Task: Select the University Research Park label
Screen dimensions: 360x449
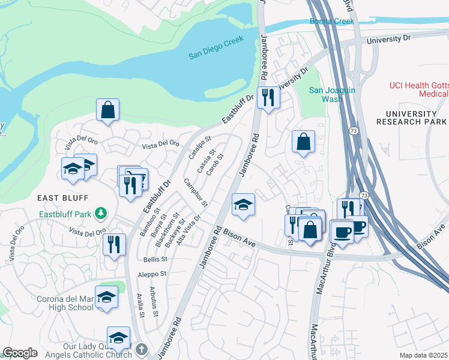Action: [x=411, y=118]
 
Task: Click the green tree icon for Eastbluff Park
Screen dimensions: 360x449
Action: [x=103, y=213]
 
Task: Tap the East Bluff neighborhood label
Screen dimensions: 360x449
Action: [x=62, y=197]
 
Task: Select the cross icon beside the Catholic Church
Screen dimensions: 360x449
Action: [x=141, y=349]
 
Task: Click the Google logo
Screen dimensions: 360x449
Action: [x=20, y=353]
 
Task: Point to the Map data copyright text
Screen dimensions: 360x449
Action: [x=424, y=355]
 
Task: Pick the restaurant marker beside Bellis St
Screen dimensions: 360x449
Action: [x=113, y=245]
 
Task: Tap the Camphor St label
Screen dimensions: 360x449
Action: [x=195, y=193]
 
